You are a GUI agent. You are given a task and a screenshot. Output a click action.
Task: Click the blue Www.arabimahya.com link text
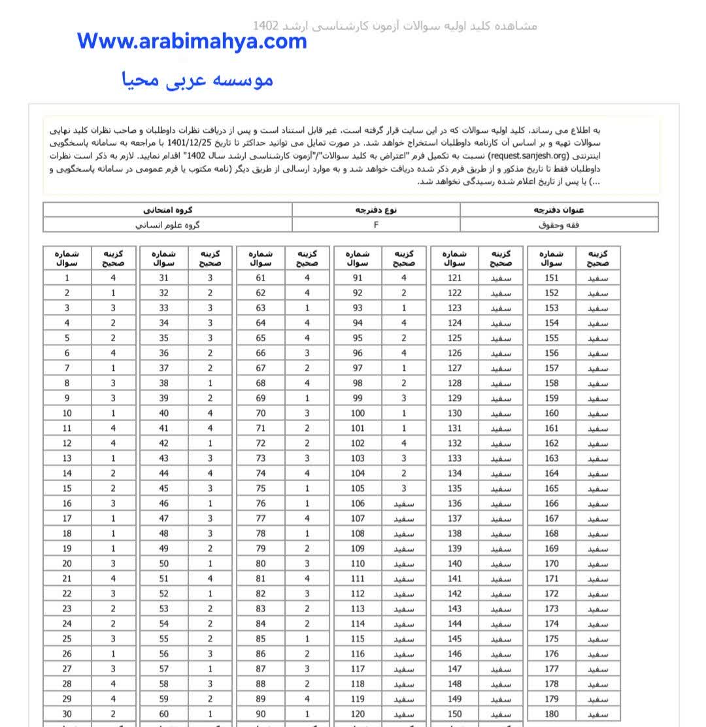point(192,41)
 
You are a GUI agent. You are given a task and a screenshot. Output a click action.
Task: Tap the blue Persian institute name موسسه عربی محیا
point(197,80)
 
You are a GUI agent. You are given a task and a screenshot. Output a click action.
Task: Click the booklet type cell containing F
point(376,224)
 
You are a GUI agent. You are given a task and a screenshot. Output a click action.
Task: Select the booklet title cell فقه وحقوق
point(559,224)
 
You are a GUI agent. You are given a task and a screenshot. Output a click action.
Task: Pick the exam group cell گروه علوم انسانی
point(167,224)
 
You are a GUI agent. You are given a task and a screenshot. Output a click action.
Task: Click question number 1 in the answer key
point(67,278)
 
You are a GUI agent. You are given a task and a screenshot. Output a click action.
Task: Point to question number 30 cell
point(67,714)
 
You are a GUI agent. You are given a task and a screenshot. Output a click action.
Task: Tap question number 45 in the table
point(163,488)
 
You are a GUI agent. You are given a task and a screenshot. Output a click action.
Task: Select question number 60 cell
point(163,714)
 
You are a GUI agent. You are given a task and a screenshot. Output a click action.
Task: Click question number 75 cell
point(261,488)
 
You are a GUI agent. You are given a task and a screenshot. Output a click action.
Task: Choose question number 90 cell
point(261,714)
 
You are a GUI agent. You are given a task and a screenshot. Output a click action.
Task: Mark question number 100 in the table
point(358,413)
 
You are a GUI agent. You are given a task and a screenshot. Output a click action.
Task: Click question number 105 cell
point(358,488)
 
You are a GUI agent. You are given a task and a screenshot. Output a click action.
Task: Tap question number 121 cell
point(455,278)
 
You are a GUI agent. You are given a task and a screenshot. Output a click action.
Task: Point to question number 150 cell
point(455,714)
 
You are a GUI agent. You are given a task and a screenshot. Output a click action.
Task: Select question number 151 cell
point(552,278)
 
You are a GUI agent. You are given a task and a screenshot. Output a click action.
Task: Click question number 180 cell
point(552,714)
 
